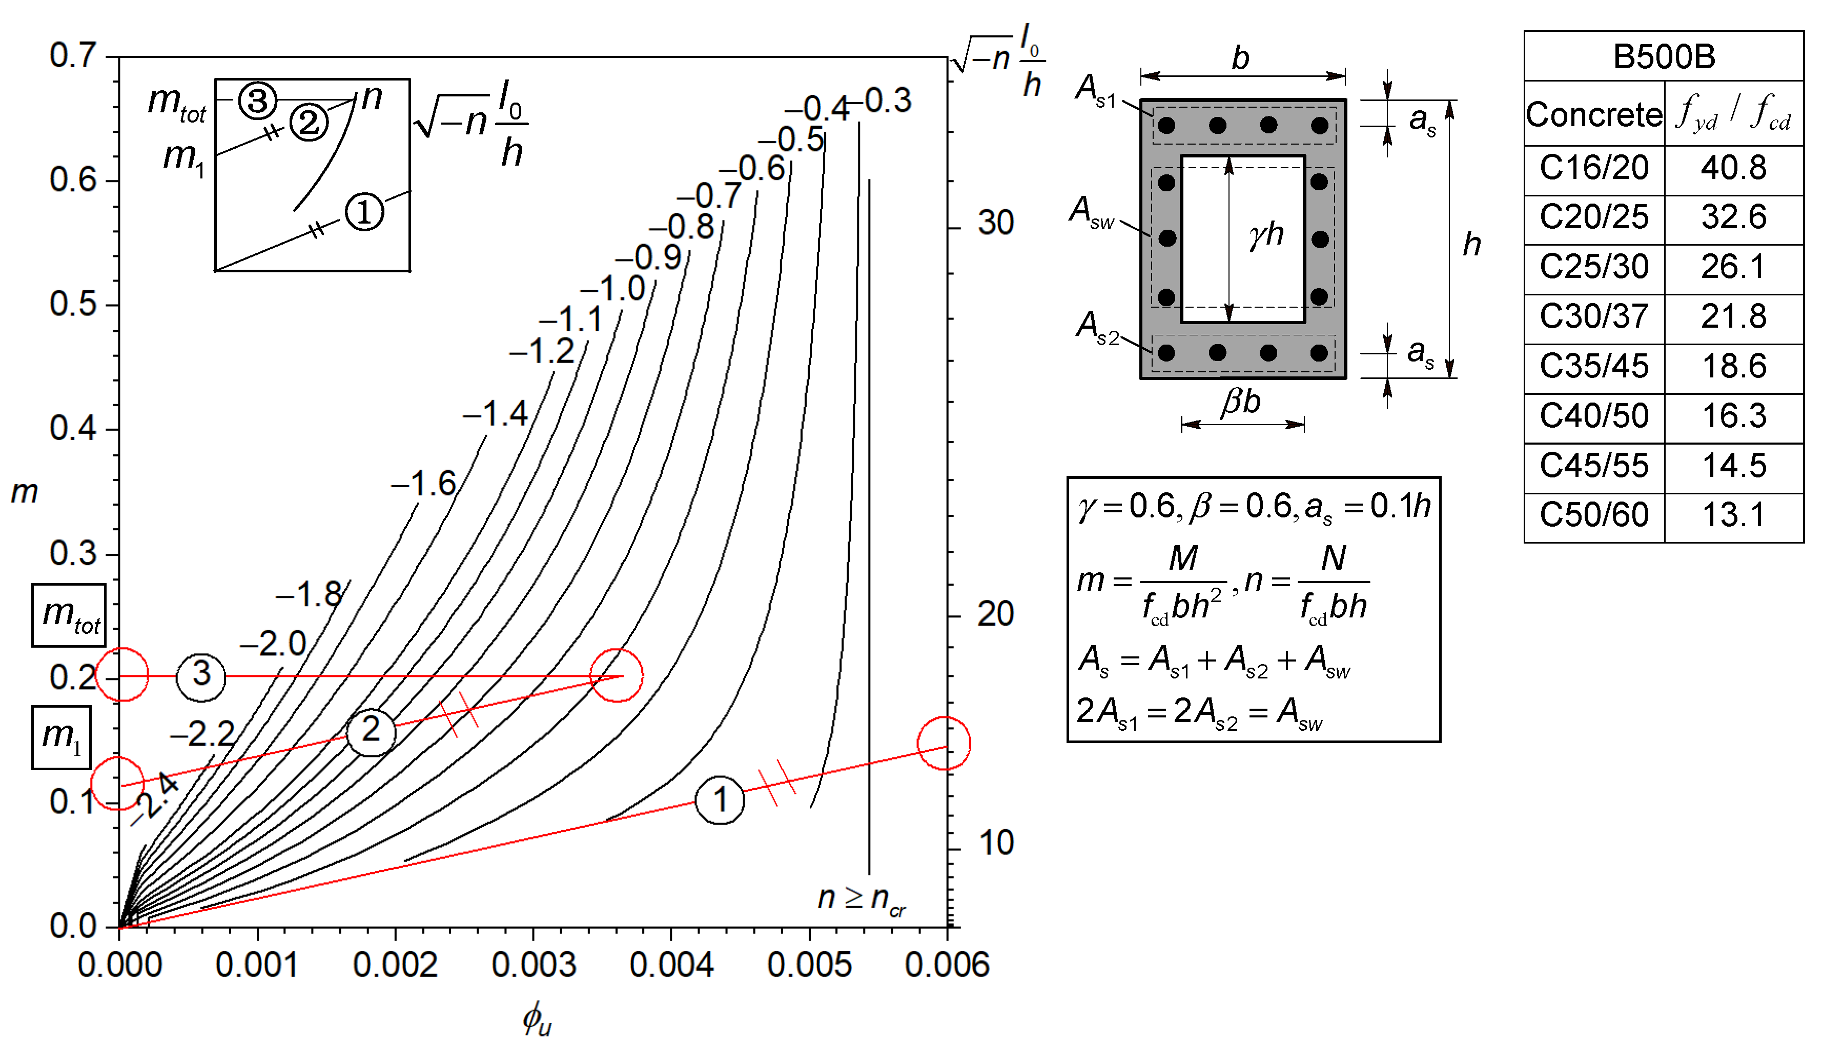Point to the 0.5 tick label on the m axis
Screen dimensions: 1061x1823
[73, 305]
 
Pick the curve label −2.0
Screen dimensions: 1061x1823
[274, 644]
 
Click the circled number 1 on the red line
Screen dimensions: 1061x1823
[720, 800]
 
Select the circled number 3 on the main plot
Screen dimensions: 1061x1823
[201, 674]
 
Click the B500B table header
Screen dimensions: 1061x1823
[1663, 56]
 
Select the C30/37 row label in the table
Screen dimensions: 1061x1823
[1594, 316]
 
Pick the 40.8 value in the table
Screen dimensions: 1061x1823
[1733, 168]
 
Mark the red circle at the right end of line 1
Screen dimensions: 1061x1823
[944, 743]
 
